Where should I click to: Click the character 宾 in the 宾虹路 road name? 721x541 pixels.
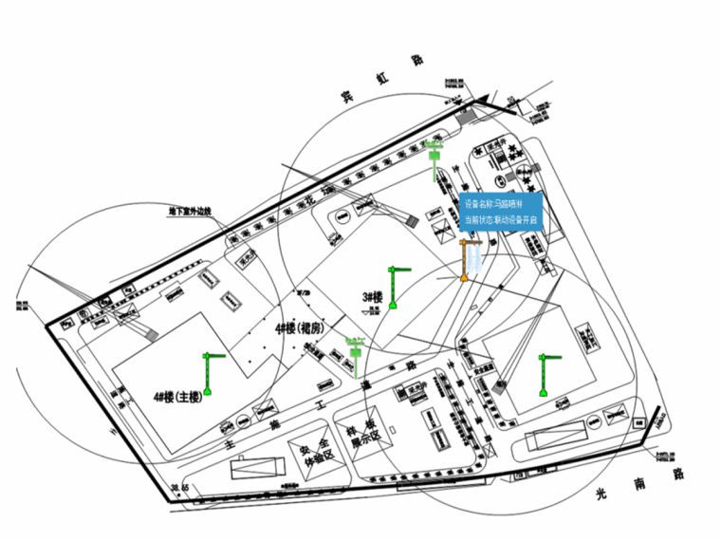(x=347, y=95)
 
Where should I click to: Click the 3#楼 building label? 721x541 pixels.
(x=371, y=297)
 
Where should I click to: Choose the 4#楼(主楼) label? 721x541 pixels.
(x=177, y=397)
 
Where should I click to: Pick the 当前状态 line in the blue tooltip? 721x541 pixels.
(x=501, y=220)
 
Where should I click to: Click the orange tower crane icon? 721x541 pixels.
(x=466, y=261)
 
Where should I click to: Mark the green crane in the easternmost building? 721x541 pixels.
(x=545, y=375)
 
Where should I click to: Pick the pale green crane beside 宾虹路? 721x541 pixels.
(x=435, y=159)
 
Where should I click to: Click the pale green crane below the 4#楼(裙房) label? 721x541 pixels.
(x=355, y=349)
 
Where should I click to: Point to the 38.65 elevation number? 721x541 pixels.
(x=179, y=488)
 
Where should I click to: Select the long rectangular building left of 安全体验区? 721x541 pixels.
(x=256, y=469)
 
